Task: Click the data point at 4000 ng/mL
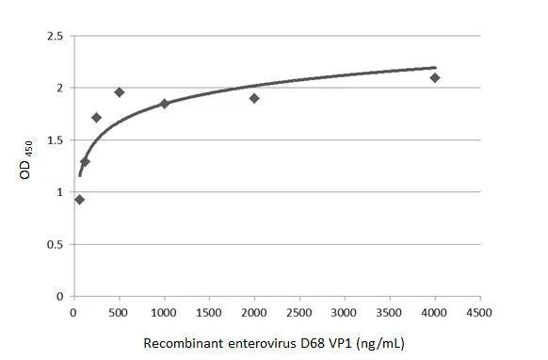tap(435, 77)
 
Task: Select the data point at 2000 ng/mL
tap(254, 98)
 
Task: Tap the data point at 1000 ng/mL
tap(164, 104)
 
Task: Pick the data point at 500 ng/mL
tap(119, 92)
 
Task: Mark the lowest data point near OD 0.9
tap(79, 200)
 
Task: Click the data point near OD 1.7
tap(96, 118)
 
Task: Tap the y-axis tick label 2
tap(59, 89)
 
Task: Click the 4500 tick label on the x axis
tap(480, 312)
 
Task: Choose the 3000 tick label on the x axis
tap(345, 312)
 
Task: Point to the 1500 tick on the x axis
tap(209, 312)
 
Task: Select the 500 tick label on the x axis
tap(119, 312)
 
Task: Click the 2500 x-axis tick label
tap(299, 312)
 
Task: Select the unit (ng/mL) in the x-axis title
tap(382, 343)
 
